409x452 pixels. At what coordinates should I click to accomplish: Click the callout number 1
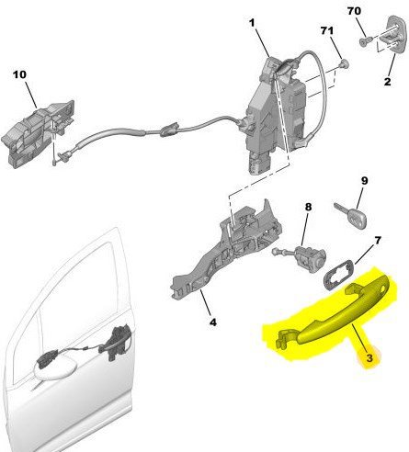tap(252, 23)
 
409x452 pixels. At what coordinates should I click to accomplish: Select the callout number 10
tap(19, 74)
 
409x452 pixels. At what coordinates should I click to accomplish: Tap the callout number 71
tap(327, 30)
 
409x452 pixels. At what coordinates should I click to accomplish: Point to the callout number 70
tap(354, 11)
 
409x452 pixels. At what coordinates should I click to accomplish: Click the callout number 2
tap(388, 82)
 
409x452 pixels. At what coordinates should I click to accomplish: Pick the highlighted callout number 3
tap(369, 357)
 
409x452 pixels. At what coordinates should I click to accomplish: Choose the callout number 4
tap(213, 322)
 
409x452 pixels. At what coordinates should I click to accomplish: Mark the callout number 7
tap(378, 241)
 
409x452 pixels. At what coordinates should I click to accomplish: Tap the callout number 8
tap(308, 207)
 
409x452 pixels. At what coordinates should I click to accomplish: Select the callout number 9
tap(364, 181)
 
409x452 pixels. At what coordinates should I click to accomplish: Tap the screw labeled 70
tap(366, 41)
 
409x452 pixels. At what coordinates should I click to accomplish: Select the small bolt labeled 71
tap(345, 63)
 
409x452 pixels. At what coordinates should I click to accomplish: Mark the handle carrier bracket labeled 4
tap(227, 245)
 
